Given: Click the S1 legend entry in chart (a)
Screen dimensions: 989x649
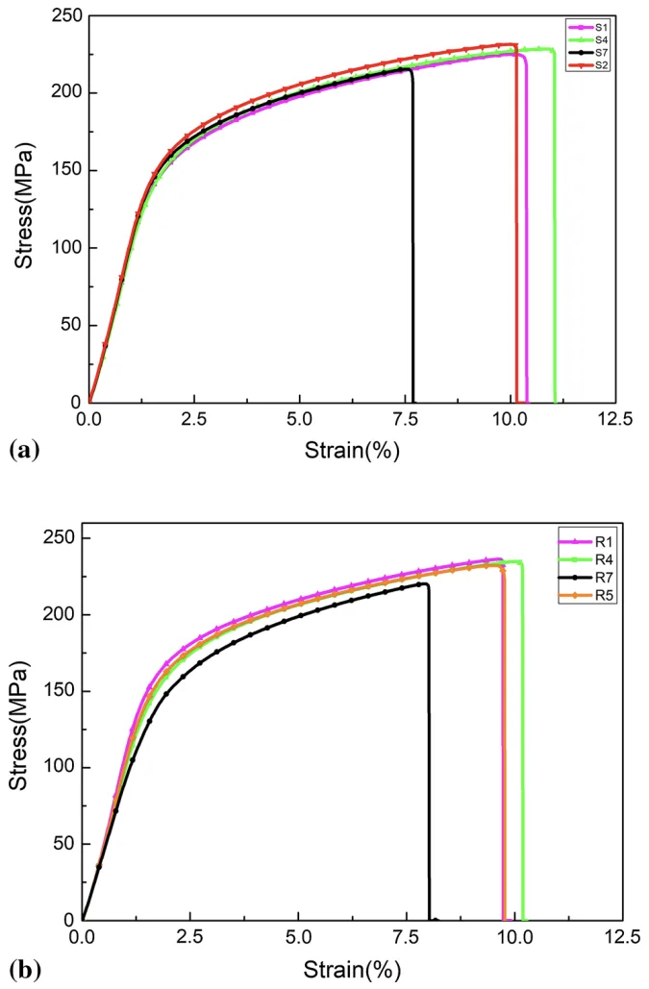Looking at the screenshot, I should point(587,27).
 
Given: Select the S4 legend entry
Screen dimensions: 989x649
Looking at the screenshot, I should point(587,39).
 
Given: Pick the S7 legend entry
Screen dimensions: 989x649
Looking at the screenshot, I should point(587,52).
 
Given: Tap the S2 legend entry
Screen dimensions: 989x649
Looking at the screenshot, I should point(587,64).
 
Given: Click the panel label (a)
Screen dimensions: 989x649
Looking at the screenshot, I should point(24,448).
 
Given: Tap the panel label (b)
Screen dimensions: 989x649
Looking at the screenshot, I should point(25,968).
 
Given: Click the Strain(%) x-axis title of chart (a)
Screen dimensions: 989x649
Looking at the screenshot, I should point(352,449).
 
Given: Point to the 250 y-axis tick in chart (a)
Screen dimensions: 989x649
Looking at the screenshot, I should point(64,16).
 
